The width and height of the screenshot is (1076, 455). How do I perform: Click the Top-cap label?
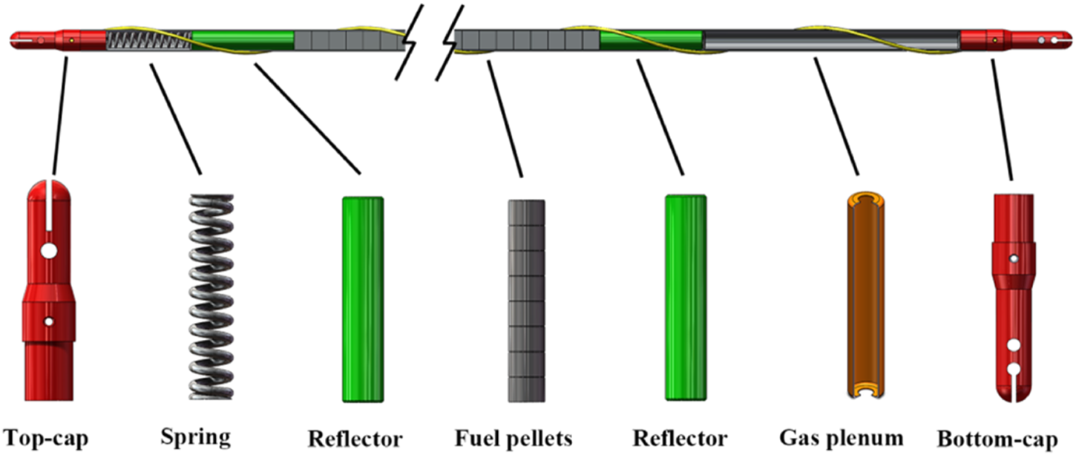(45, 439)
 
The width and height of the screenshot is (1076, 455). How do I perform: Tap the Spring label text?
(196, 437)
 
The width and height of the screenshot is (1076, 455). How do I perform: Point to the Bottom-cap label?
(997, 439)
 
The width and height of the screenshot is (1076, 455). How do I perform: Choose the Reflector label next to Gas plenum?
(680, 437)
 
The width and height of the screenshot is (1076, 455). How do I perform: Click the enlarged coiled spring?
(211, 297)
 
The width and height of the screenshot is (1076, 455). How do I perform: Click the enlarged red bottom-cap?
(1013, 297)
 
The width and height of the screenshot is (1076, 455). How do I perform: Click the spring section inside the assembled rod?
(148, 40)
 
